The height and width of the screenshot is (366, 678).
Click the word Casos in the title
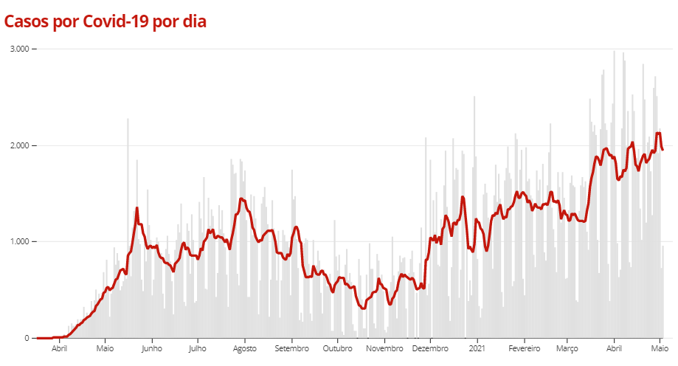click(x=27, y=22)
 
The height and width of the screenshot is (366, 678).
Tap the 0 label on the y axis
click(x=27, y=339)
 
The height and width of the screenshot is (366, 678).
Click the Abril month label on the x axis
click(x=59, y=348)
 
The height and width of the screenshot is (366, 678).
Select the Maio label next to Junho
click(x=105, y=348)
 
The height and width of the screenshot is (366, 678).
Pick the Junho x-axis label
click(x=151, y=348)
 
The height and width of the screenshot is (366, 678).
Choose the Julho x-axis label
click(x=197, y=348)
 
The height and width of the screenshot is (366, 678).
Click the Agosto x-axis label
click(x=244, y=348)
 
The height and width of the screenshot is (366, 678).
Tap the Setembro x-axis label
click(x=291, y=348)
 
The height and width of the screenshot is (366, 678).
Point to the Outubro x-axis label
click(x=337, y=348)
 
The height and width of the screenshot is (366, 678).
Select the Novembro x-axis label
click(x=384, y=348)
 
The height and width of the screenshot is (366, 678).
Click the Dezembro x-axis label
click(x=430, y=348)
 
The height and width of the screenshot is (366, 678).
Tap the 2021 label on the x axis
click(x=477, y=348)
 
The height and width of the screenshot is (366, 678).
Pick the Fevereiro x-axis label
click(x=524, y=348)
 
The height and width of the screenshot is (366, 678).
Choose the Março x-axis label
click(x=567, y=348)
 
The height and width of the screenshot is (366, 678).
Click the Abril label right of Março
click(x=614, y=348)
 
